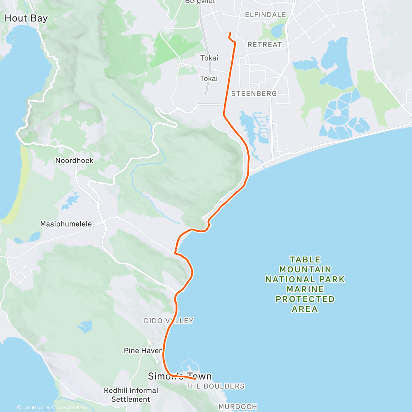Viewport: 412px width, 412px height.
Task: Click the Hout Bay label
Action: [26, 18]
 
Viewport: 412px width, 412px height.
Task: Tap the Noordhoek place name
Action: [74, 160]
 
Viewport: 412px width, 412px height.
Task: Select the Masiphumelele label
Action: [66, 224]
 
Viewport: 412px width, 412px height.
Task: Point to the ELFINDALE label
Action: [265, 14]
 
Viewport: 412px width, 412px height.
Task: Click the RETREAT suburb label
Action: [264, 45]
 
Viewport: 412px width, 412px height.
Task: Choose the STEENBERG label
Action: [254, 93]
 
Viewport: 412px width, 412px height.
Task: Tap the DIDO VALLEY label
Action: [169, 321]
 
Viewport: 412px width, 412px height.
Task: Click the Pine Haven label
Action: [143, 351]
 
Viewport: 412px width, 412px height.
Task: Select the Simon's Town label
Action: [180, 376]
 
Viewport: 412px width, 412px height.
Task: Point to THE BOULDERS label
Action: [215, 386]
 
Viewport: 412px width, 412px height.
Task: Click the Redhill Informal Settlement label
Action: [131, 395]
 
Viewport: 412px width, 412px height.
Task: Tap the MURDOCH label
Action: [238, 407]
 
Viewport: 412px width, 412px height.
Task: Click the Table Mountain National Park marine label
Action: [305, 284]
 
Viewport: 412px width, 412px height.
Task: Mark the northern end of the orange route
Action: [229, 33]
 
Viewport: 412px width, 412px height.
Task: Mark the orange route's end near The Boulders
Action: [195, 379]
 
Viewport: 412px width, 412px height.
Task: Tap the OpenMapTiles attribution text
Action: [36, 408]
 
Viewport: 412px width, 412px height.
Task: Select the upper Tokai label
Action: [209, 58]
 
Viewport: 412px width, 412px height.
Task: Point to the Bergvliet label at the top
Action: [200, 2]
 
